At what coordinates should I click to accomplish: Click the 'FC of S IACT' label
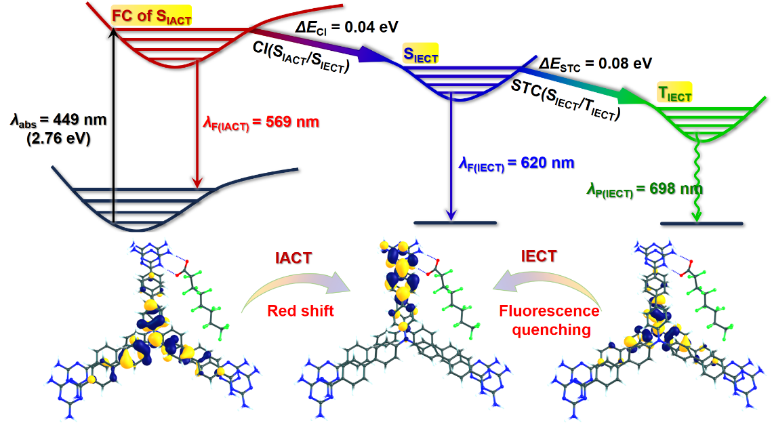[x=151, y=16]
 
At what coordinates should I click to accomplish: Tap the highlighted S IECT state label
[x=420, y=54]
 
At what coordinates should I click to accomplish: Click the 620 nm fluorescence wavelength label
[x=516, y=163]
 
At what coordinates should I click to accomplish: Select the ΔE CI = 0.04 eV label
[x=347, y=28]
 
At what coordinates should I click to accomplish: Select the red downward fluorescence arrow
[x=197, y=122]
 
